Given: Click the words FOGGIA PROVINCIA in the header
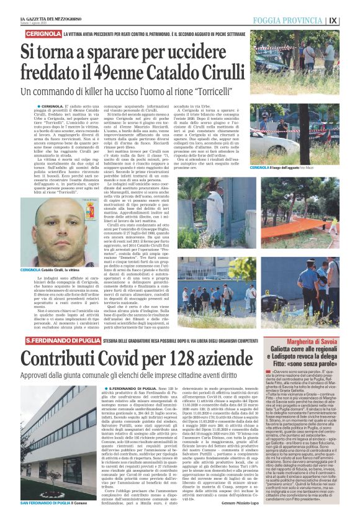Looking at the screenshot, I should [308, 19].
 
